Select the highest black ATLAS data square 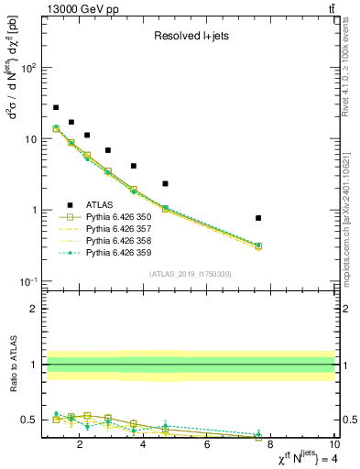pos(56,107)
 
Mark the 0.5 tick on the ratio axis pos(28,420)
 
